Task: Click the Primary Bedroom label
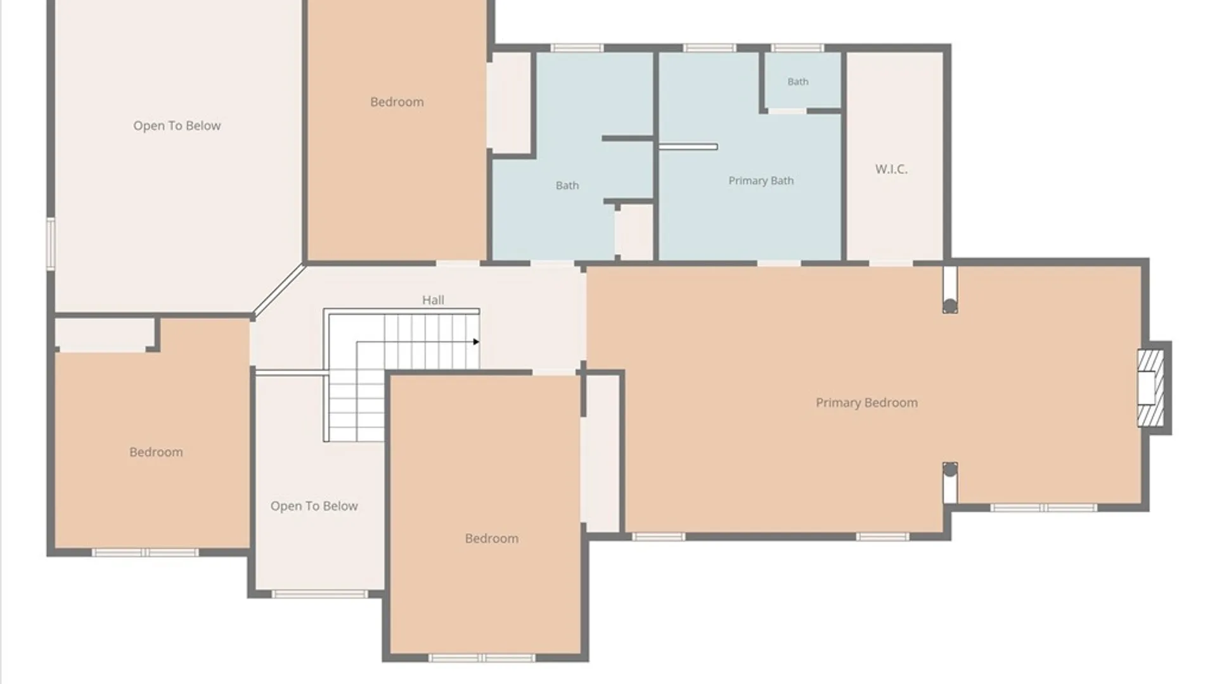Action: [x=866, y=403]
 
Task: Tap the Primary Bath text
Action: [x=761, y=180]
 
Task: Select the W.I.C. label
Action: [x=891, y=169]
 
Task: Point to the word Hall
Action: [x=433, y=300]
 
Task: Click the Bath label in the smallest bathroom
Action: [x=797, y=82]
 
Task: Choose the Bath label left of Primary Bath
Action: [x=567, y=186]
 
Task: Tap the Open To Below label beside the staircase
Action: [x=314, y=506]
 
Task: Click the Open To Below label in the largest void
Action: [x=177, y=125]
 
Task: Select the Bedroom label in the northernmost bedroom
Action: [x=397, y=102]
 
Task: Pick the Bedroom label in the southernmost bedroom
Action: [x=491, y=538]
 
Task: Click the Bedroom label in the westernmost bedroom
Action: [x=156, y=452]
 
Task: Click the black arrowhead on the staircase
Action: [x=476, y=342]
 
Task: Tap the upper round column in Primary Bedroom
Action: [x=950, y=307]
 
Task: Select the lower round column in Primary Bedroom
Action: [x=950, y=469]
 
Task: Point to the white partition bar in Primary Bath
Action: [x=688, y=146]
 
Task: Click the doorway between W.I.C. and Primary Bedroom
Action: [x=891, y=263]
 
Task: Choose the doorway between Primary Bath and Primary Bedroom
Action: [x=779, y=263]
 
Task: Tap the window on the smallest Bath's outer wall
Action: [x=797, y=47]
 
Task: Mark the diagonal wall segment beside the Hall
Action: [x=279, y=290]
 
